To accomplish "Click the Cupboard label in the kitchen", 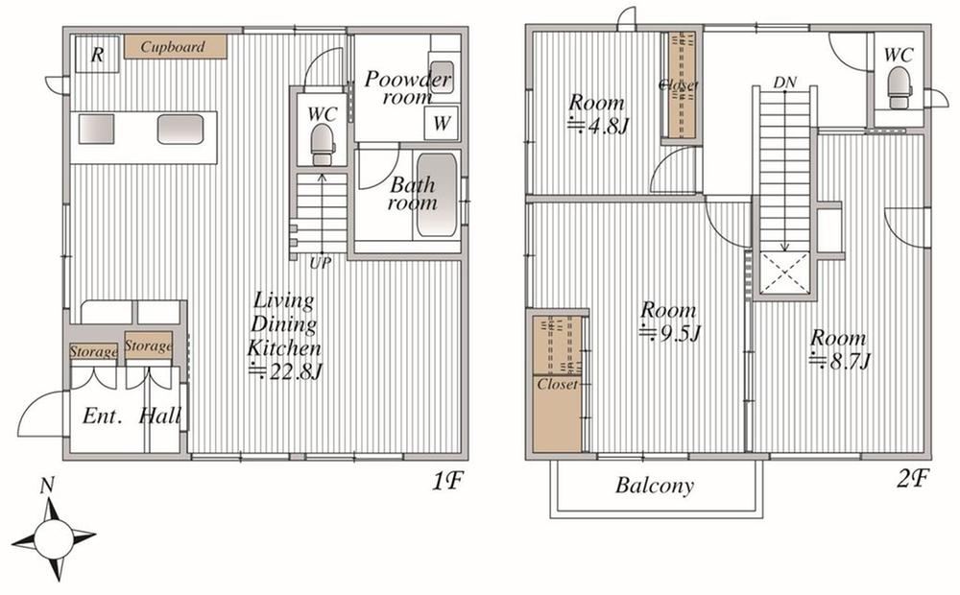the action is point(173,46).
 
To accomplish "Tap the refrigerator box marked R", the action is point(97,55).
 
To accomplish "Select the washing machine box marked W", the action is point(442,123).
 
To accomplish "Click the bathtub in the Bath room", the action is point(437,195).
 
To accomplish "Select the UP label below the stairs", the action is point(321,263).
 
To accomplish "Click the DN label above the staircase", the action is point(785,82).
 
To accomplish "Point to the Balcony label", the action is point(655,486).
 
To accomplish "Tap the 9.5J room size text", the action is point(670,334).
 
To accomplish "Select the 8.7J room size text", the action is point(840,362).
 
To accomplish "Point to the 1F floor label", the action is point(446,481).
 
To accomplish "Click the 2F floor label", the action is point(913,479).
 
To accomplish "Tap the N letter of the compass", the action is point(46,486).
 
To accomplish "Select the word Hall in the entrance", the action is point(159,416).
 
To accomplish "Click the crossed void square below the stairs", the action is point(784,274).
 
